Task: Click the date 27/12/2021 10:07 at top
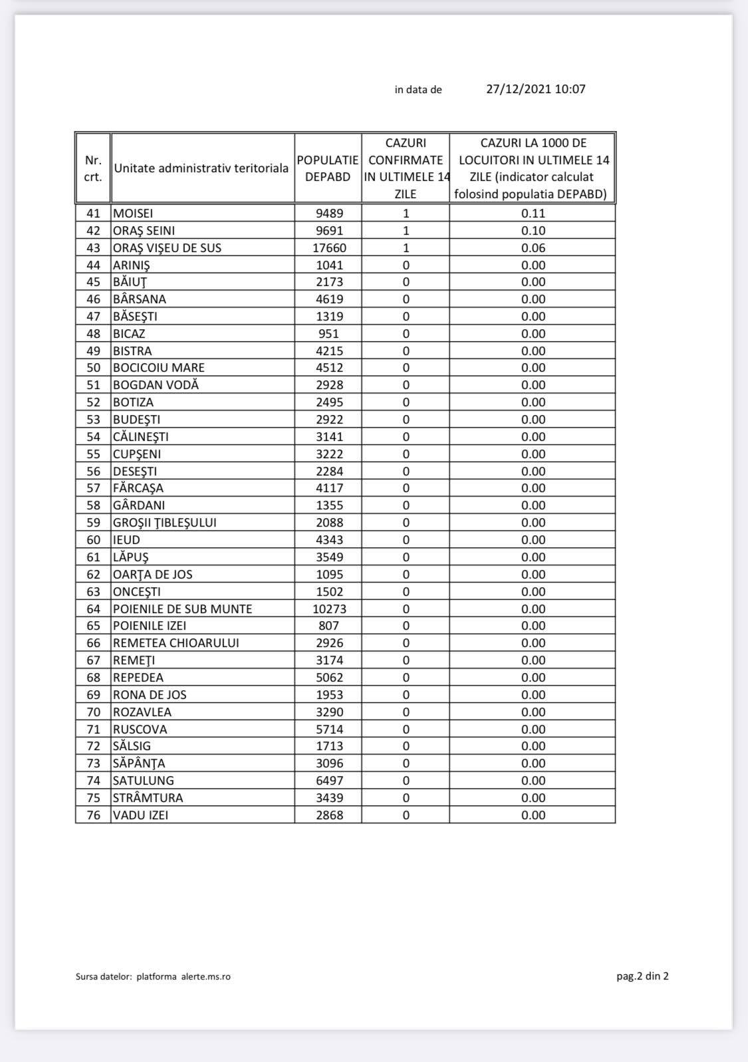pyautogui.click(x=535, y=89)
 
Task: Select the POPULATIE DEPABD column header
pyautogui.click(x=328, y=168)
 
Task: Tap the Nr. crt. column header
pyautogui.click(x=93, y=168)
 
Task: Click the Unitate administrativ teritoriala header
pyautogui.click(x=201, y=168)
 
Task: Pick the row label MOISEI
pyautogui.click(x=133, y=213)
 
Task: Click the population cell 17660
pyautogui.click(x=329, y=248)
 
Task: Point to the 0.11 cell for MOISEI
pyautogui.click(x=533, y=213)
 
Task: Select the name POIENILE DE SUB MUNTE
pyautogui.click(x=182, y=608)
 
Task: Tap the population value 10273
pyautogui.click(x=329, y=608)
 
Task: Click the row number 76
pyautogui.click(x=93, y=815)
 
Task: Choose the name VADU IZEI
pyautogui.click(x=140, y=815)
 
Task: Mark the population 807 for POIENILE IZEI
pyautogui.click(x=328, y=626)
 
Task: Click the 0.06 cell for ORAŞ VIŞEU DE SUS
pyautogui.click(x=533, y=248)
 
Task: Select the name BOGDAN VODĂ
pyautogui.click(x=156, y=385)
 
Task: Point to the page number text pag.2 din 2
pyautogui.click(x=642, y=976)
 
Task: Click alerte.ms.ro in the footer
pyautogui.click(x=205, y=977)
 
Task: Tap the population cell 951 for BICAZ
pyautogui.click(x=328, y=334)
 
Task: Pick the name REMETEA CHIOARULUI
pyautogui.click(x=176, y=643)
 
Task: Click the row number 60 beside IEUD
pyautogui.click(x=93, y=540)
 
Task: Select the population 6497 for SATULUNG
pyautogui.click(x=329, y=781)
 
